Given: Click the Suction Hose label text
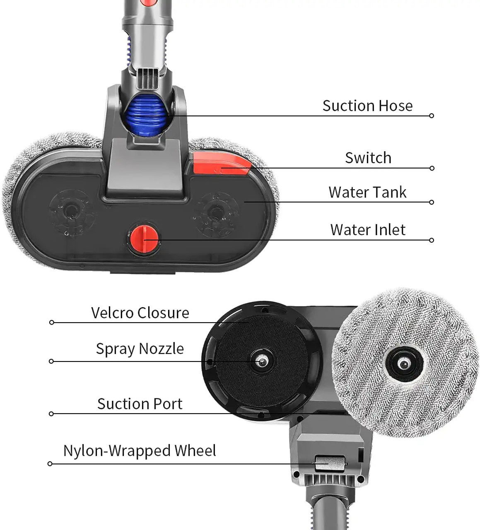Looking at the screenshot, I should [367, 106].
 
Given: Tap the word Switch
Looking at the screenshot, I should [368, 158].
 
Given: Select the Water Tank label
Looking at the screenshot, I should [367, 192].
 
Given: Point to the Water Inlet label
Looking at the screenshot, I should [368, 230].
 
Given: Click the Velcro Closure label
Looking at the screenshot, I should [140, 313].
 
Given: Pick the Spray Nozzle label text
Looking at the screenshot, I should [140, 349].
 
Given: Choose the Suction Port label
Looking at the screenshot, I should [140, 404].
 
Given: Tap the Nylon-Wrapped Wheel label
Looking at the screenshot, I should [140, 450].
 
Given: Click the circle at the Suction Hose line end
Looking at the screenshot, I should [432, 116].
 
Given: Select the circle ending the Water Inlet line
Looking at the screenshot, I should [432, 240].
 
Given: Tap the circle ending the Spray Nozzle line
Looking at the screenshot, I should [51, 361].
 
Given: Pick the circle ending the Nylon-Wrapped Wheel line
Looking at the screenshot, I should [50, 464].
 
